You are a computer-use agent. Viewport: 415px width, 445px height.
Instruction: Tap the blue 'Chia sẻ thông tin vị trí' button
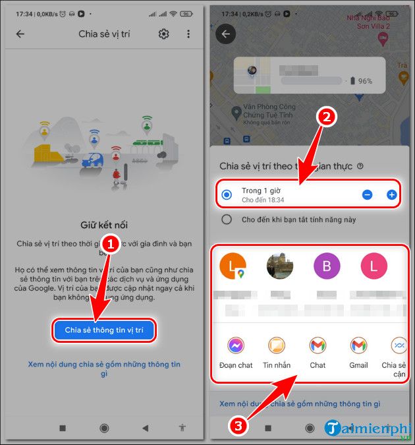coord(104,329)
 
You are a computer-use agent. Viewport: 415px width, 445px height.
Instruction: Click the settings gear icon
coord(163,34)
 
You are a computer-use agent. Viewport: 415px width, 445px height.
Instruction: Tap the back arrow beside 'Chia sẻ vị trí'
coord(20,34)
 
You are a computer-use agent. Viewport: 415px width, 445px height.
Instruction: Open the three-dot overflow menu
coord(188,34)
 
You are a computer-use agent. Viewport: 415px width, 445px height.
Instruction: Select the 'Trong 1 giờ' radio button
coord(227,194)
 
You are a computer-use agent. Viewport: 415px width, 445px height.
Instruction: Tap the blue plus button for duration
coord(391,194)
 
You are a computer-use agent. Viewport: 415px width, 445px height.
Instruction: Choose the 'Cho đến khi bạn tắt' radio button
coord(227,220)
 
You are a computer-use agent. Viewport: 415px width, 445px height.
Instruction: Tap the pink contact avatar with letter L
coord(374,267)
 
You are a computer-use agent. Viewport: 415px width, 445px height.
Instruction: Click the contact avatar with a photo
coord(279,267)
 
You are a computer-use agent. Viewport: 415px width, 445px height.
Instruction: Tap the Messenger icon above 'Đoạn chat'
coord(236,345)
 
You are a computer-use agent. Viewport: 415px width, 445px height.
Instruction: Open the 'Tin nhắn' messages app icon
coord(277,345)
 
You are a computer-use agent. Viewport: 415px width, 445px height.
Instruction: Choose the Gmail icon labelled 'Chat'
coord(318,345)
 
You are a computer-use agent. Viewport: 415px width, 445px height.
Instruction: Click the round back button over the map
coord(226,34)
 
